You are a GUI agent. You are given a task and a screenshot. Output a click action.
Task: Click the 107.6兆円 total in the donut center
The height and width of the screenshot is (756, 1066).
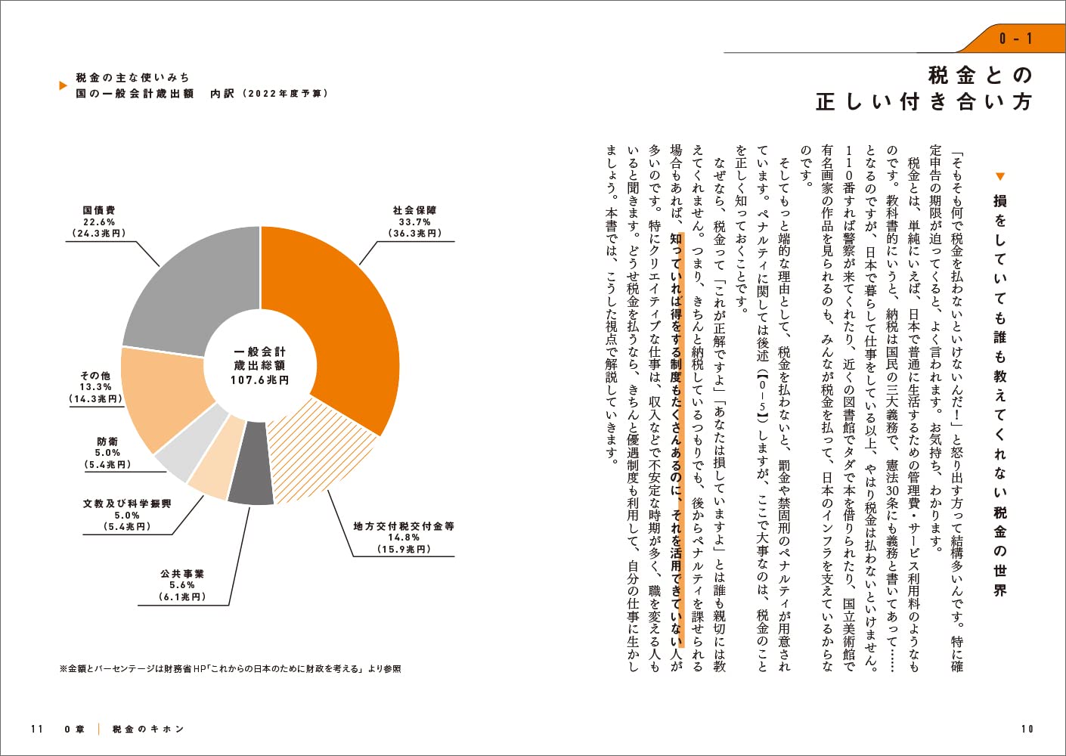click(259, 380)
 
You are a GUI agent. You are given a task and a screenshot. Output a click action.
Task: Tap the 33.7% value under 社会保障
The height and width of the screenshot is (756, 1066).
click(414, 222)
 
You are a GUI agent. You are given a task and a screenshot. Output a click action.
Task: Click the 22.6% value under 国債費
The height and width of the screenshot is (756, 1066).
click(99, 222)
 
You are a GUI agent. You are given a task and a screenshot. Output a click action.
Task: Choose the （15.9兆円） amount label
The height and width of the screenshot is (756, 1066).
click(404, 549)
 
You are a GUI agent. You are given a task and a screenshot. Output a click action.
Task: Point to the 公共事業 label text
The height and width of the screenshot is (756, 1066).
click(182, 574)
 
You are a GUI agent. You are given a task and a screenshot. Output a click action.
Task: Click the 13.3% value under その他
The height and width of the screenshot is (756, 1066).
click(96, 387)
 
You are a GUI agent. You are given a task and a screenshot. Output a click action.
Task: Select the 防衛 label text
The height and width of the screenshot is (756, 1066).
click(107, 441)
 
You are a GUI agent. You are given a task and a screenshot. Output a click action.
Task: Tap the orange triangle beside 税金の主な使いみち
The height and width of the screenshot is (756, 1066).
click(64, 85)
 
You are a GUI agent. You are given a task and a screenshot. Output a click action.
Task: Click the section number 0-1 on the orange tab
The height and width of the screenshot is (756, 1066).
click(1015, 39)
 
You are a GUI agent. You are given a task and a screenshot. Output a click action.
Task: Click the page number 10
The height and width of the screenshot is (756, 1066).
click(1027, 729)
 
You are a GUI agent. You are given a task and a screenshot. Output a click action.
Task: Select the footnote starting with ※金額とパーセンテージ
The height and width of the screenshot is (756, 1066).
click(230, 668)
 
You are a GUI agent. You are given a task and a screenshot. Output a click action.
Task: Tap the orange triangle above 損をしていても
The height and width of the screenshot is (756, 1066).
click(999, 177)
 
